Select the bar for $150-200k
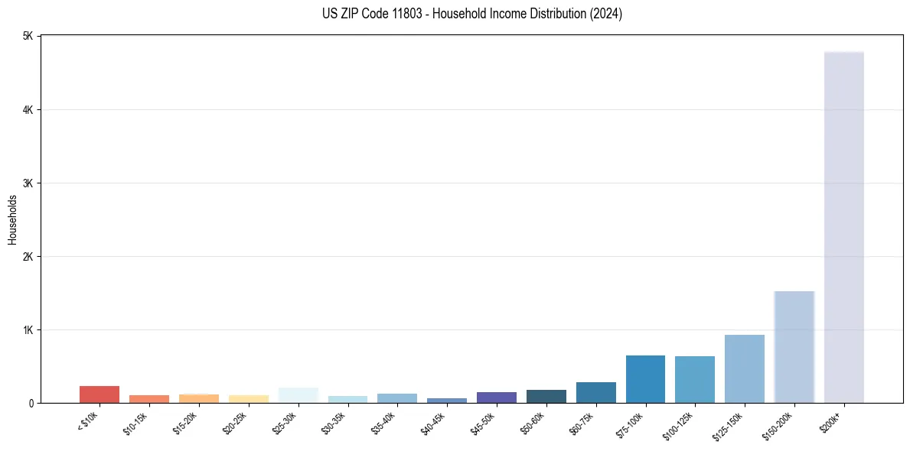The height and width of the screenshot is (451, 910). click(794, 347)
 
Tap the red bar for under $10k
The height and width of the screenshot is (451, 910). click(99, 394)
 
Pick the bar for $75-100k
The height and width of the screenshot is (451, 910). click(645, 379)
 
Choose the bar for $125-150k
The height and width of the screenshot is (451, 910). click(744, 368)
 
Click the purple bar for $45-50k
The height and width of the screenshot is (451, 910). click(496, 397)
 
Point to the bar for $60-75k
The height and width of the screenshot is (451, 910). click(595, 392)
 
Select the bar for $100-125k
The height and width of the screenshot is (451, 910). click(694, 379)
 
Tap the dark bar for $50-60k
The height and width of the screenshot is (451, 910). click(546, 396)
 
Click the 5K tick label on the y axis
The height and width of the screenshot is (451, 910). click(28, 37)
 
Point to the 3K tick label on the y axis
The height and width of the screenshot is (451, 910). click(28, 183)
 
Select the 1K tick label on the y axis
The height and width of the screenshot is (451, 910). click(28, 330)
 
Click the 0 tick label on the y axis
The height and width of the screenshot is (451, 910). click(31, 403)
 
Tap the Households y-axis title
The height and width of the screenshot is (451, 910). click(12, 219)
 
